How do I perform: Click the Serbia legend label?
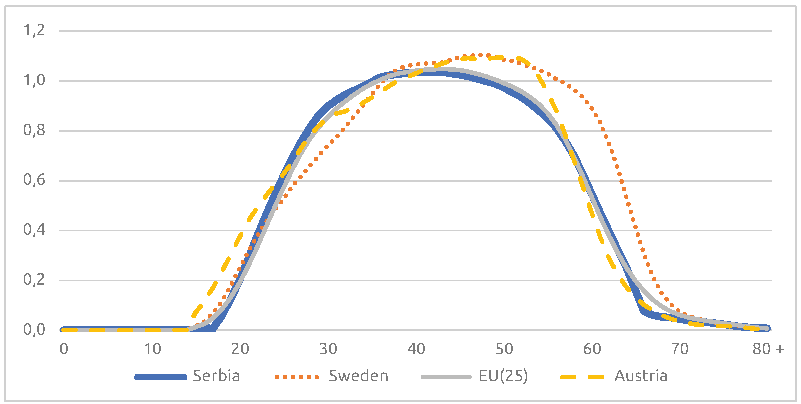pyautogui.click(x=216, y=376)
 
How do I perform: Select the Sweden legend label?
pyautogui.click(x=358, y=376)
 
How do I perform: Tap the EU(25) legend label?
pyautogui.click(x=503, y=376)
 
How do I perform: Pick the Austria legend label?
pyautogui.click(x=641, y=376)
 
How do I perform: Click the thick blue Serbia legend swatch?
pyautogui.click(x=161, y=377)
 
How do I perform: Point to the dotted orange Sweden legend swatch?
pyautogui.click(x=297, y=377)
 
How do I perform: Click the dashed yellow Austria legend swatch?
pyautogui.click(x=582, y=377)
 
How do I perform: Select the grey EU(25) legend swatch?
pyautogui.click(x=446, y=377)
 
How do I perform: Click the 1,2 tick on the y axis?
pyautogui.click(x=34, y=30)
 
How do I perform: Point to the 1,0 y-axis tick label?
pyautogui.click(x=34, y=80)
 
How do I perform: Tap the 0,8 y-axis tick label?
pyautogui.click(x=34, y=130)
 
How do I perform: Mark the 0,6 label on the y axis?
pyautogui.click(x=34, y=180)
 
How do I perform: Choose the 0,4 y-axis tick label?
pyautogui.click(x=34, y=230)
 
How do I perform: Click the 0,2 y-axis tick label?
pyautogui.click(x=34, y=279)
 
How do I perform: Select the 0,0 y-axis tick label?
pyautogui.click(x=34, y=329)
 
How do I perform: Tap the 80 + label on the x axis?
pyautogui.click(x=768, y=349)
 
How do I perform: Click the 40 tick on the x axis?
pyautogui.click(x=416, y=349)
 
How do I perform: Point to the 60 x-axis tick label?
pyautogui.click(x=592, y=349)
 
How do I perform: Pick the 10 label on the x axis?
pyautogui.click(x=152, y=349)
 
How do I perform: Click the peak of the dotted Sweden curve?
pyautogui.click(x=480, y=55)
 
